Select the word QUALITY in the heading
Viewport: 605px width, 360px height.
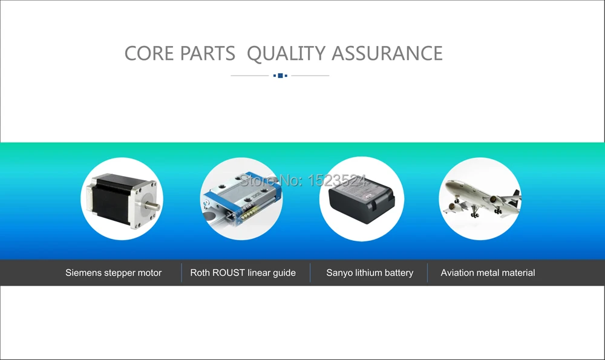(286, 53)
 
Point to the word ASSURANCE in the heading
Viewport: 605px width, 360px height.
(387, 53)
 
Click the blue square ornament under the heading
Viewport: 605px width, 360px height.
(280, 76)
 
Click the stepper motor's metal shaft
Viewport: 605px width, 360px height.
(155, 205)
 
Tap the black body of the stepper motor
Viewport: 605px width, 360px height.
(112, 197)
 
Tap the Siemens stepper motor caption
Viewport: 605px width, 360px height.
(113, 273)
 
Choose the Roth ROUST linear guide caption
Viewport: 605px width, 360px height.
(243, 273)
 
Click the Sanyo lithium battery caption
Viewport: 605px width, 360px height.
(370, 273)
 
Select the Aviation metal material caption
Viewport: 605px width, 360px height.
(488, 273)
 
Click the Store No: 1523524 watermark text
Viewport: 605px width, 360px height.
(303, 180)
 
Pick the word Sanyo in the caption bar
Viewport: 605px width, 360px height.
(339, 273)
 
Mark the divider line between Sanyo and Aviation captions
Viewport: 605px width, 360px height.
(427, 273)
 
